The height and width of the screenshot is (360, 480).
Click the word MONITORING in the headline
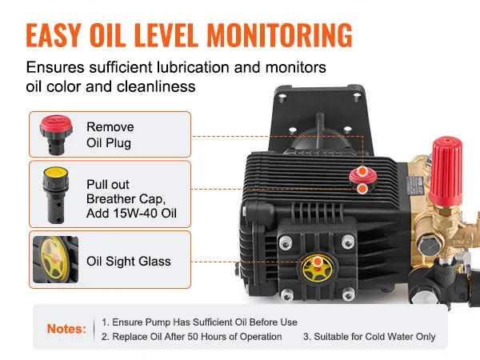(x=279, y=35)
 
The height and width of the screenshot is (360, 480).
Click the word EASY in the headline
(x=54, y=35)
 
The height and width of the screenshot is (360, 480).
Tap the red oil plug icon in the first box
(x=56, y=134)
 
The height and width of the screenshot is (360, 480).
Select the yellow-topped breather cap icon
(x=56, y=194)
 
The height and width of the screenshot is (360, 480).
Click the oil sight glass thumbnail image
(x=56, y=259)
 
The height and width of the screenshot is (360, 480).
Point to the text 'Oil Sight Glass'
(x=129, y=262)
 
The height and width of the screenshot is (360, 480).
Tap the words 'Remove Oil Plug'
(x=110, y=134)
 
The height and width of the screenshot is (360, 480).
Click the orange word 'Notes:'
(x=66, y=329)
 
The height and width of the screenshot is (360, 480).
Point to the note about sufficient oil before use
(x=199, y=322)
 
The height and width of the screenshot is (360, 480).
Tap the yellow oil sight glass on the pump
(x=317, y=269)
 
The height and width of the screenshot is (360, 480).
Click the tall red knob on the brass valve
(x=446, y=170)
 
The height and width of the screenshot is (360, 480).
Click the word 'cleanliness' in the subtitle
(x=156, y=86)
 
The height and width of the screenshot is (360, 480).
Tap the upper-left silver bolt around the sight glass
(x=286, y=243)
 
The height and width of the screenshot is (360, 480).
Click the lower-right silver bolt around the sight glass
(x=348, y=294)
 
